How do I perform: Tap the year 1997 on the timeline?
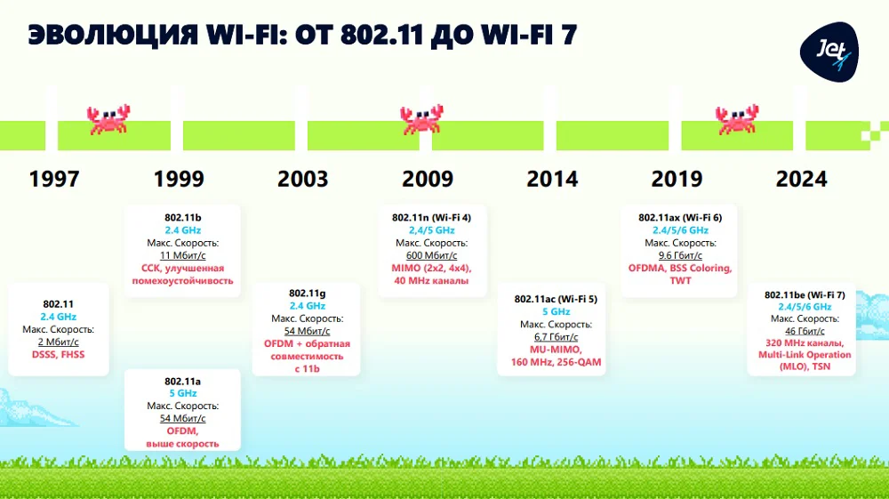pos(54,179)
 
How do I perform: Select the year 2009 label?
pos(428,179)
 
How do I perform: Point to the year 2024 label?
pos(801,179)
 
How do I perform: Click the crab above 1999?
pos(108,119)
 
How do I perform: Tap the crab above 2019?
pos(738,119)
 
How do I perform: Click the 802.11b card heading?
pos(182,218)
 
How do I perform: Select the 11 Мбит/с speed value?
pos(182,255)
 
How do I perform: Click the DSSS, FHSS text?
pos(58,355)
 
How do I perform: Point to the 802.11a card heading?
pos(182,381)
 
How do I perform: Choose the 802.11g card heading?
pos(307,294)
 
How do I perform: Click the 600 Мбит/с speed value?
pos(431,255)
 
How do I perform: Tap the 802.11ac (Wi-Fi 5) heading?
pos(556,300)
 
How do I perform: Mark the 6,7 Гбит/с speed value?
pos(556,337)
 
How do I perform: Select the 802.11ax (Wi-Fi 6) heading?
pos(680,218)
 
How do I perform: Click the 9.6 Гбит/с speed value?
pos(680,255)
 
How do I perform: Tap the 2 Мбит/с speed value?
pos(58,342)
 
